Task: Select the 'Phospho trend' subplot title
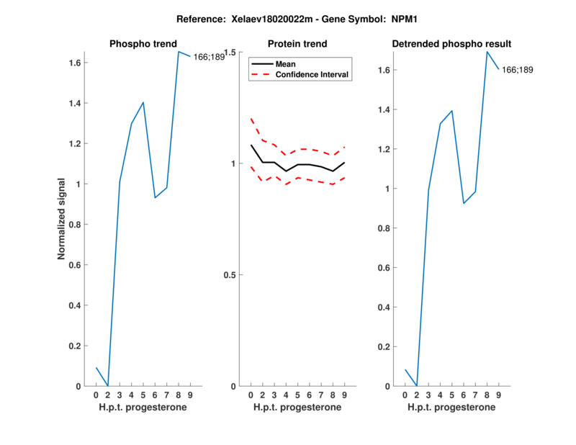pos(143,44)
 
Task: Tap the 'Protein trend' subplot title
pos(297,44)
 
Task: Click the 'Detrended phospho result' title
pos(451,44)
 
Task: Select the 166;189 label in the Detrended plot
pos(517,70)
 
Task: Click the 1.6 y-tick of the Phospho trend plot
pos(75,63)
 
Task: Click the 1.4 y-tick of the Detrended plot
pos(384,110)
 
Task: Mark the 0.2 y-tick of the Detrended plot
pos(384,347)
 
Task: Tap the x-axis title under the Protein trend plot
pos(297,408)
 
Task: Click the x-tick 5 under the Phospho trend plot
pos(143,395)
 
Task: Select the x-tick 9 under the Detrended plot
pos(498,395)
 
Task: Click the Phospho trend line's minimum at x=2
pos(108,386)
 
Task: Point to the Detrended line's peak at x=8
pos(487,51)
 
